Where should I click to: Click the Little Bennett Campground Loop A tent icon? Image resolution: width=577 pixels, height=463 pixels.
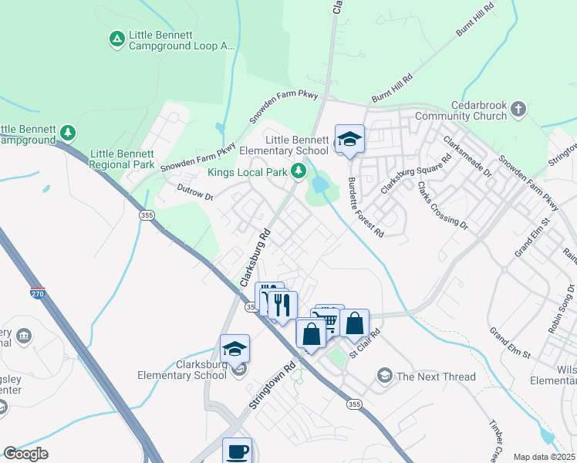(x=116, y=38)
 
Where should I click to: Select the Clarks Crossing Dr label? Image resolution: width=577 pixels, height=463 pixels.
(x=442, y=205)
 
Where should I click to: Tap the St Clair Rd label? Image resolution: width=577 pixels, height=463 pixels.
(x=365, y=344)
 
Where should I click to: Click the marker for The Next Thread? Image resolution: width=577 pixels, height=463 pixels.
(x=384, y=376)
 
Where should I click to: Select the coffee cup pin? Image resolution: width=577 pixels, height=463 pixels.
(x=238, y=451)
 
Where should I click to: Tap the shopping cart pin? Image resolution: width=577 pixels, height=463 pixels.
(x=330, y=316)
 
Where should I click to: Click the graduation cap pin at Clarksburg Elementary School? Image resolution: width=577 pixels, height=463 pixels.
(x=235, y=349)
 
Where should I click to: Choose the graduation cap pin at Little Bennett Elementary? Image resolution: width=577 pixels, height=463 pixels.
(x=349, y=140)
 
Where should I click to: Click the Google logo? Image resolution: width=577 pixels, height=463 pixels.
(x=26, y=454)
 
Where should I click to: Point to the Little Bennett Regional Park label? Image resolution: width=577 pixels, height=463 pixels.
(x=122, y=160)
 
